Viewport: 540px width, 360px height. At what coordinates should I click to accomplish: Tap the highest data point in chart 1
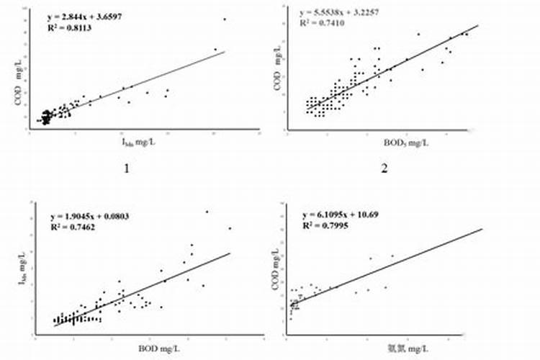click(x=225, y=19)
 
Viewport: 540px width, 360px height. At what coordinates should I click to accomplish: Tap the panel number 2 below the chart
click(x=385, y=170)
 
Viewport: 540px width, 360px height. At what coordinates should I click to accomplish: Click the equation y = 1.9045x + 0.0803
click(x=89, y=217)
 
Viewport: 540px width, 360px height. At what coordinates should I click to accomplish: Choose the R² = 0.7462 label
click(x=71, y=227)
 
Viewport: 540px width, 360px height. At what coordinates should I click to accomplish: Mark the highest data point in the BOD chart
click(x=207, y=212)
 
